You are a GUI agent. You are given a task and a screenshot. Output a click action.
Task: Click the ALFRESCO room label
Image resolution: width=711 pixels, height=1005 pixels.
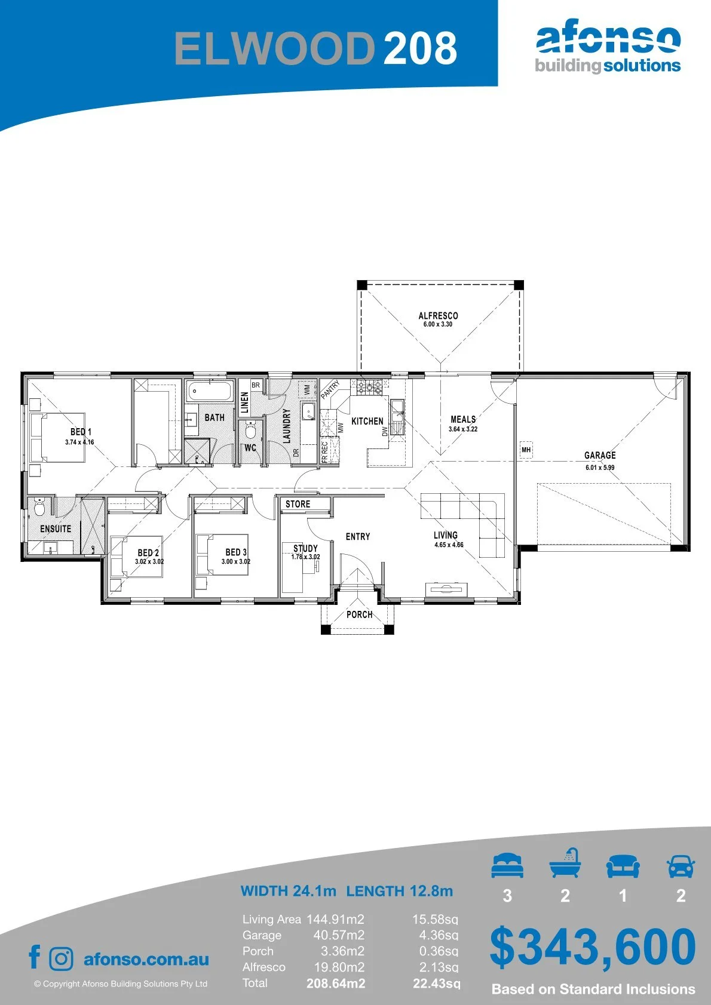click(438, 316)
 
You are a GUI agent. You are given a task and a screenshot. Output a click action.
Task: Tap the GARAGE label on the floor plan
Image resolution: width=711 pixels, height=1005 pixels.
click(600, 456)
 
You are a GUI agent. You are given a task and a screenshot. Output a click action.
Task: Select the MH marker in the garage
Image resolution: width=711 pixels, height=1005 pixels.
click(526, 449)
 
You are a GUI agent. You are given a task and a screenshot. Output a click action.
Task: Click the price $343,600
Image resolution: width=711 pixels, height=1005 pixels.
click(593, 948)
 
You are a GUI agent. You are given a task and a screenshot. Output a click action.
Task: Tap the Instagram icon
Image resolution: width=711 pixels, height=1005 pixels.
click(60, 959)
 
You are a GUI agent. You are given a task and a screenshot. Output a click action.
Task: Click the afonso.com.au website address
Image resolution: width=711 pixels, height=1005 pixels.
click(146, 959)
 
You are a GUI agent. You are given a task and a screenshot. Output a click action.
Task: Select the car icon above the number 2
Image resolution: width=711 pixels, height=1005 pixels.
click(681, 866)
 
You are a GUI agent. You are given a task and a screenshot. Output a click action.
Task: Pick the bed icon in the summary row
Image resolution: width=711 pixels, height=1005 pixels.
click(507, 865)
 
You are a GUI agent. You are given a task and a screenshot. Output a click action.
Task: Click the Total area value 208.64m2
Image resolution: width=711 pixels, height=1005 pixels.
click(336, 984)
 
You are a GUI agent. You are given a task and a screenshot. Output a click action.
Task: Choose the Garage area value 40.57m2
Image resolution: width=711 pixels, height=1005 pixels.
click(339, 935)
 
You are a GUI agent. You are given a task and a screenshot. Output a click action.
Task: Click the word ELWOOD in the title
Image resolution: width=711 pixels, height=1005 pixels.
click(275, 48)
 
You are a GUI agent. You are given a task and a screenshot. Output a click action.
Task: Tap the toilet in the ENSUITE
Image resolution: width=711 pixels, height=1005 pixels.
click(39, 507)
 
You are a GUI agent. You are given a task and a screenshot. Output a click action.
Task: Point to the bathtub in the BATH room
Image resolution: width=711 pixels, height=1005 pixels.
click(210, 392)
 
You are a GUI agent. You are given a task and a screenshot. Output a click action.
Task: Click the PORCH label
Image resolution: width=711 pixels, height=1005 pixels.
click(359, 614)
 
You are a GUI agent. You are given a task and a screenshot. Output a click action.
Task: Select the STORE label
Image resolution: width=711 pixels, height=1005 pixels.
click(298, 504)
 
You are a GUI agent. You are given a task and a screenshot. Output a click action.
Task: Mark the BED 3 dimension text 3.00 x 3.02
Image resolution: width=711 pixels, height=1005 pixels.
click(235, 561)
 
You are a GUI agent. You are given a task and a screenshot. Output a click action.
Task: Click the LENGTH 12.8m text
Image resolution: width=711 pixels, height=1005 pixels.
click(400, 890)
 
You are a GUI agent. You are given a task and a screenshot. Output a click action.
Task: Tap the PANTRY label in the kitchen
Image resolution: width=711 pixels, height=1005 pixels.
click(330, 389)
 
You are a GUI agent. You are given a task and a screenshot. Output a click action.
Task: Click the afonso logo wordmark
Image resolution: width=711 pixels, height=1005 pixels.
click(608, 39)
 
